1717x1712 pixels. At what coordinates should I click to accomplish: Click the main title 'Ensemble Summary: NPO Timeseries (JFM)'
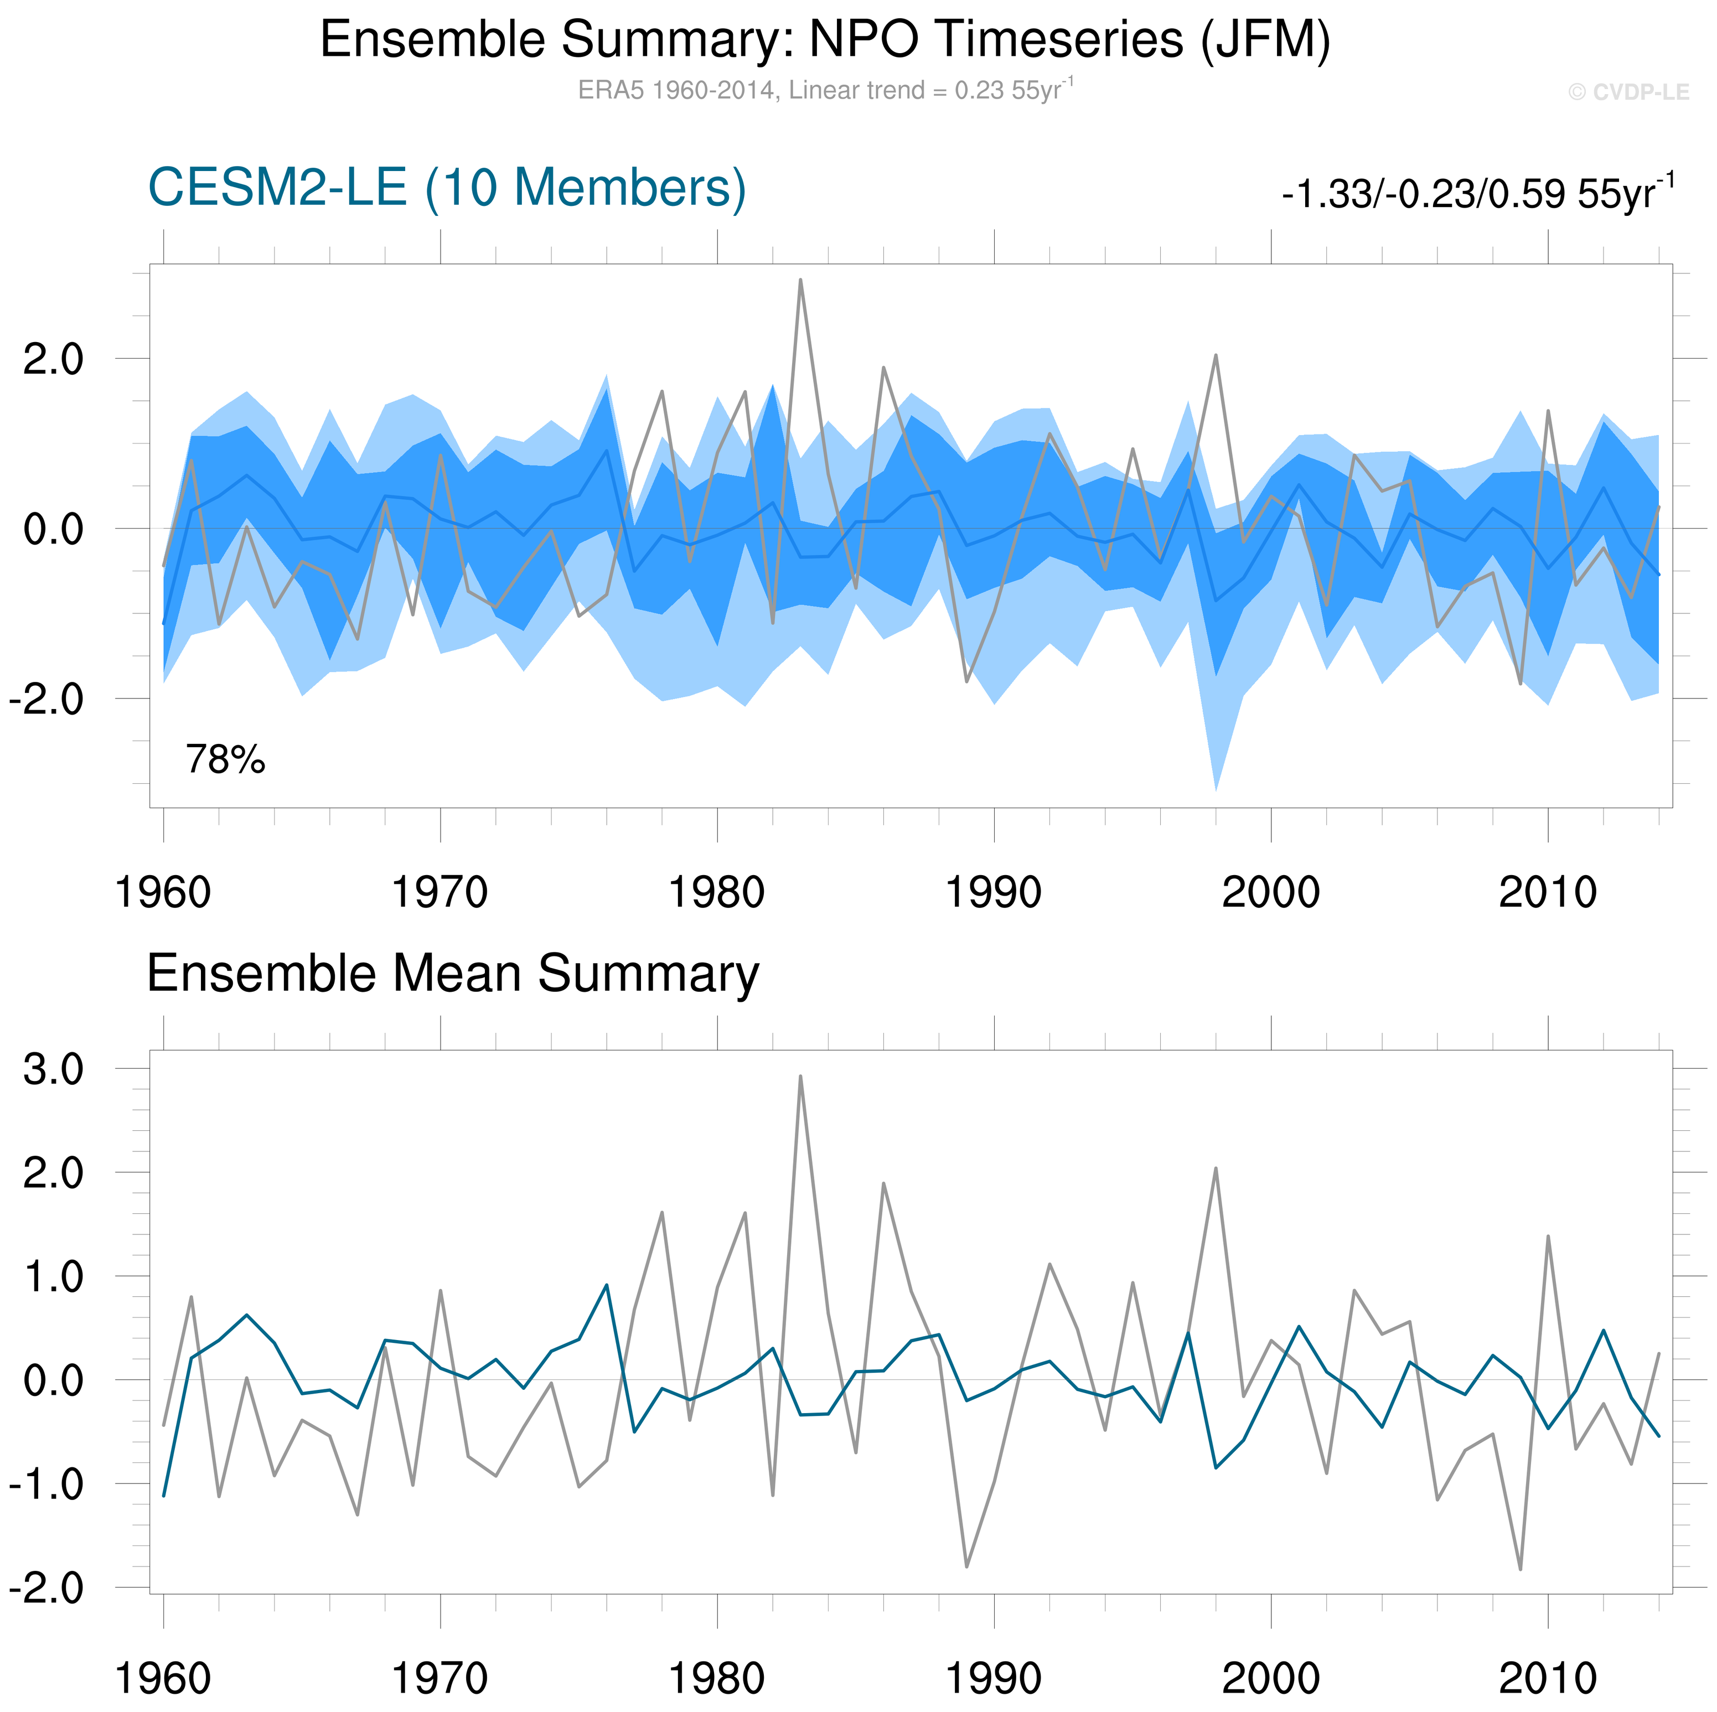coord(825,40)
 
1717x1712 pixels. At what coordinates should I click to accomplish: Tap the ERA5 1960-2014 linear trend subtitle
coord(825,90)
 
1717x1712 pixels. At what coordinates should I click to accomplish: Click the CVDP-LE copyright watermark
coord(1628,92)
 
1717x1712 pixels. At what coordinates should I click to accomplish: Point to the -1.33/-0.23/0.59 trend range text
coord(1477,193)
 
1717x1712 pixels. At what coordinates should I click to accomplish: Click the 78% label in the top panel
coord(225,760)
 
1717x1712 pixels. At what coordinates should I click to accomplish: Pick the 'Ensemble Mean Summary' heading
coord(452,973)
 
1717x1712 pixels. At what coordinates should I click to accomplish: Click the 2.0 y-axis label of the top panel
coord(53,360)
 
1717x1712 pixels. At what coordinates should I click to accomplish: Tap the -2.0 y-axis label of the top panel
coord(46,700)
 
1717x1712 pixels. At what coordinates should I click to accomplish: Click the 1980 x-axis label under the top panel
coord(716,892)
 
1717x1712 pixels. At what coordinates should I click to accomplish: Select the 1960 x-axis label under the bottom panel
coord(163,1678)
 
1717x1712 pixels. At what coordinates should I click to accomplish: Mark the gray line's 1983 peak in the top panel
coord(801,280)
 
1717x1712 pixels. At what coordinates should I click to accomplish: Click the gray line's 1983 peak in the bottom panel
coord(801,1077)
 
